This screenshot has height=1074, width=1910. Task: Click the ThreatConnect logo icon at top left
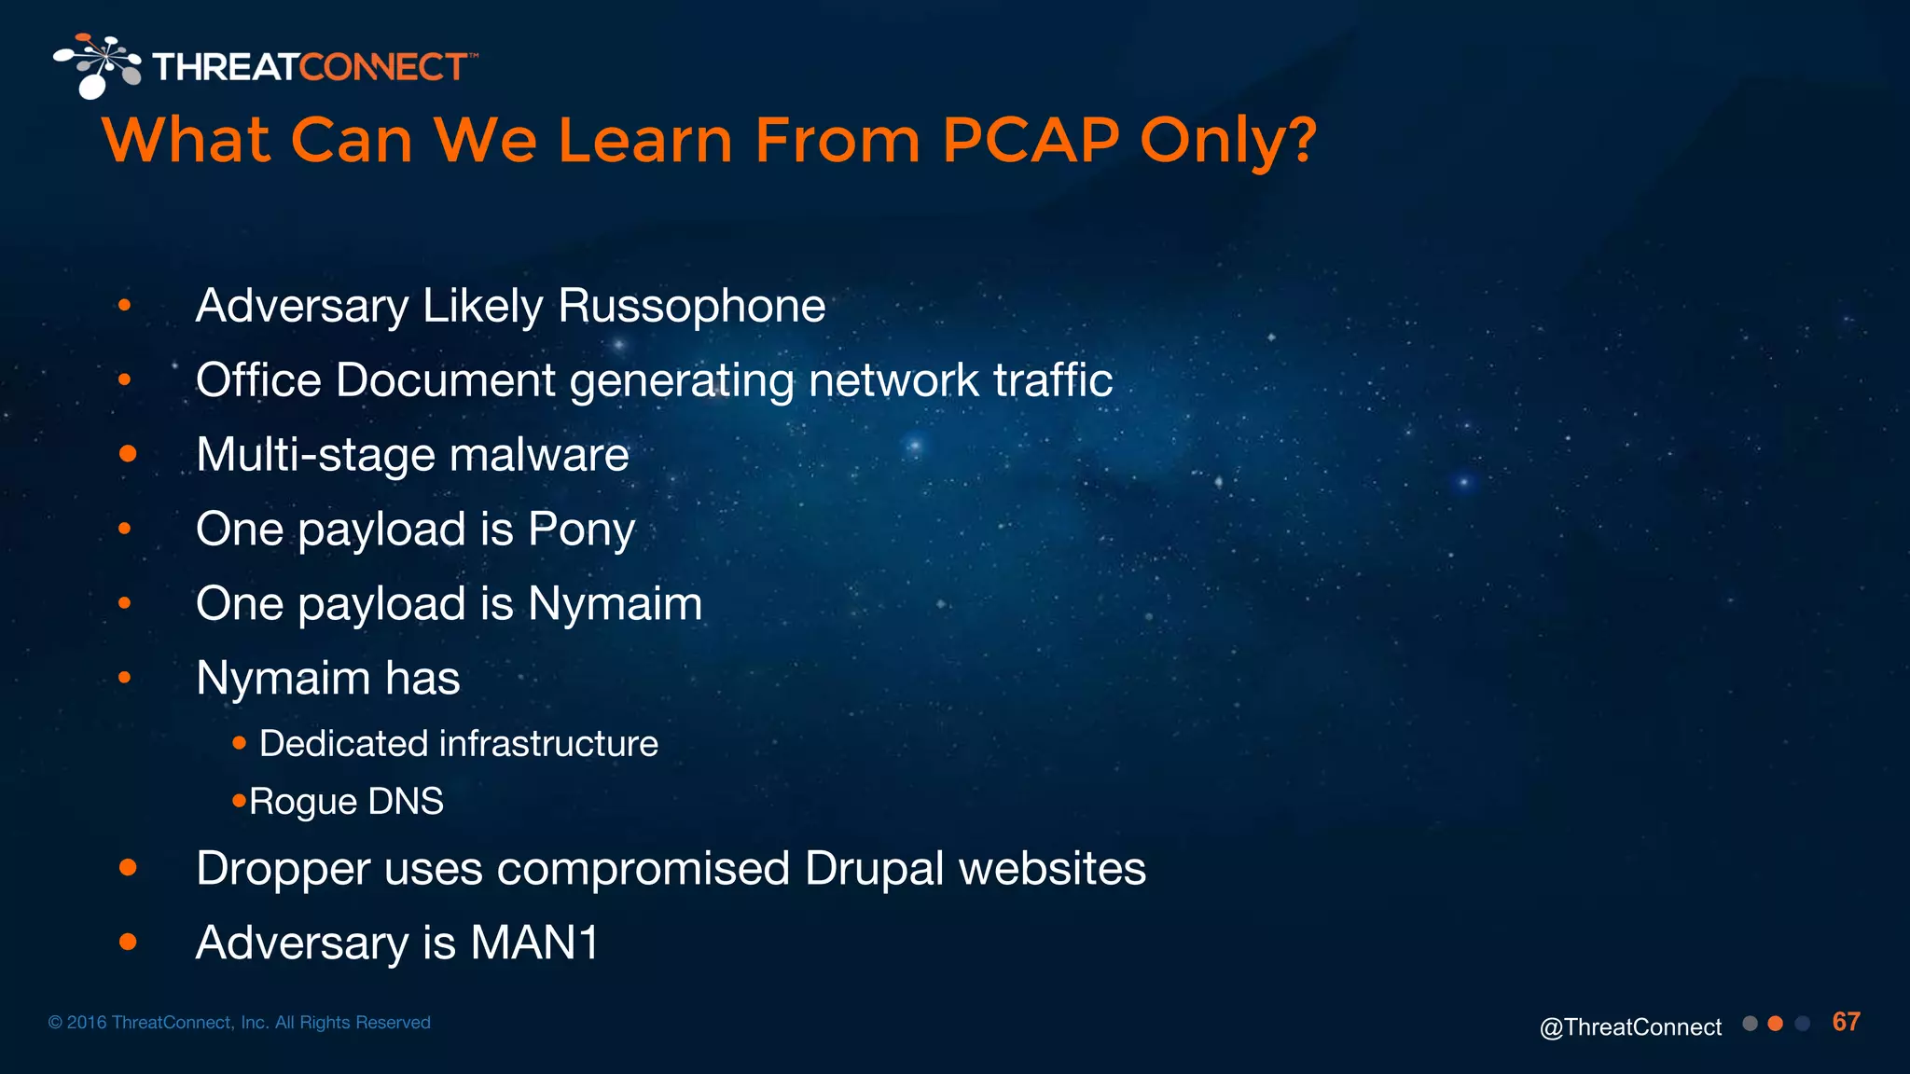(x=97, y=65)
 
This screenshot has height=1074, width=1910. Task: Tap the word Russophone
(x=691, y=306)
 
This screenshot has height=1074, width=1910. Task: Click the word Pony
(x=581, y=530)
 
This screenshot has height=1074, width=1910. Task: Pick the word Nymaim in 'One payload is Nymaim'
(x=615, y=604)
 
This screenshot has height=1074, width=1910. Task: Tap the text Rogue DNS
(x=346, y=802)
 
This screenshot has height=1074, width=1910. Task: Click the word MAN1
(x=533, y=943)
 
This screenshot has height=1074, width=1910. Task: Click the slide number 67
(x=1846, y=1022)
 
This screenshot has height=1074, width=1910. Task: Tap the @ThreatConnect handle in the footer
(x=1630, y=1027)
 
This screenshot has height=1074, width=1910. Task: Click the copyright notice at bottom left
(x=239, y=1023)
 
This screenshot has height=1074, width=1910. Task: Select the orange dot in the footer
(x=1776, y=1024)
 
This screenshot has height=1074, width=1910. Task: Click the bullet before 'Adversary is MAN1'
(x=128, y=943)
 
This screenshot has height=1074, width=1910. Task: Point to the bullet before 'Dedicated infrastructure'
(x=240, y=743)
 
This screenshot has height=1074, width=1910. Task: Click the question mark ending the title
(x=1299, y=141)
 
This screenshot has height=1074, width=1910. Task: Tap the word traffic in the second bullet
(x=1053, y=380)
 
